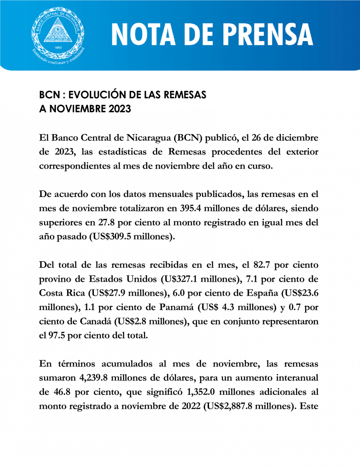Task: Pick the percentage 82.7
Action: pos(252,266)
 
